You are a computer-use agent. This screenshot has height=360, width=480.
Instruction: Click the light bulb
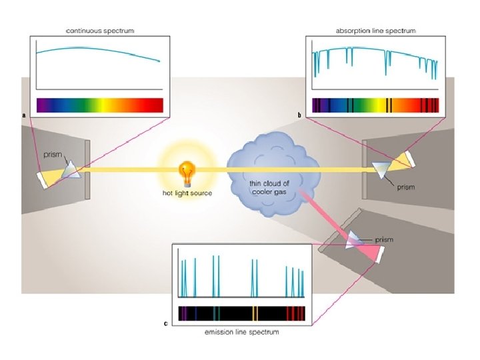186,172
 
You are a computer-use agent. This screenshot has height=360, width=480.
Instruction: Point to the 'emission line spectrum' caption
241,332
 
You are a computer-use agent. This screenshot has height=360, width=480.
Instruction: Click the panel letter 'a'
25,115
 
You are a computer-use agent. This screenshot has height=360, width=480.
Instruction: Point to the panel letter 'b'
300,115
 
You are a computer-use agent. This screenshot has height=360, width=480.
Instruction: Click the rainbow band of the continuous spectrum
99,105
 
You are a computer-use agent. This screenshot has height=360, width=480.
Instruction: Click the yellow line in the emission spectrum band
255,313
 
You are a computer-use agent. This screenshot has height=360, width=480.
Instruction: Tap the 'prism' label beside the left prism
53,155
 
